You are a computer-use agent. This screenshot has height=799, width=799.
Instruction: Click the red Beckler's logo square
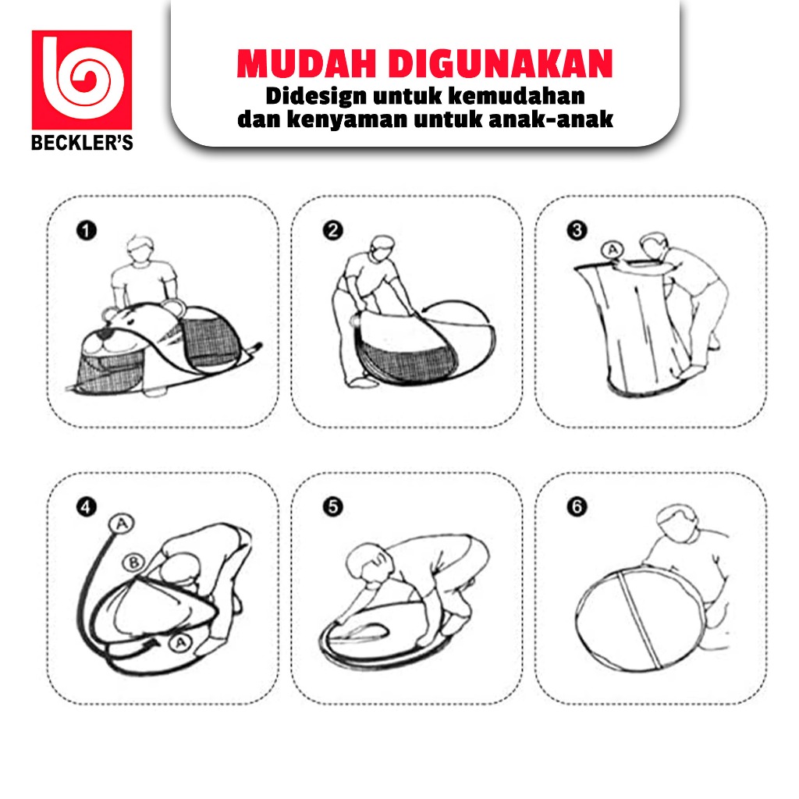pyautogui.click(x=81, y=80)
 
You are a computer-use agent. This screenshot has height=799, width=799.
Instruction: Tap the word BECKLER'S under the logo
pyautogui.click(x=82, y=142)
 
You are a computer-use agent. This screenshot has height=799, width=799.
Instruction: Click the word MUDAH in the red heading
pyautogui.click(x=306, y=63)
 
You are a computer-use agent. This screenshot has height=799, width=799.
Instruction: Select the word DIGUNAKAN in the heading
pyautogui.click(x=500, y=63)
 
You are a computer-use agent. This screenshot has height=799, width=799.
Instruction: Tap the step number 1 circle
pyautogui.click(x=86, y=230)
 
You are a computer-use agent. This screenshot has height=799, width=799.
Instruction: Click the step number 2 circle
pyautogui.click(x=332, y=230)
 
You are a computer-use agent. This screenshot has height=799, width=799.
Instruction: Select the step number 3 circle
pyautogui.click(x=577, y=230)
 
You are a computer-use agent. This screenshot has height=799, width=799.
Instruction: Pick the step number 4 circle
pyautogui.click(x=86, y=507)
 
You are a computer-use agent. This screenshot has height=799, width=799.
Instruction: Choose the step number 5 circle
pyautogui.click(x=332, y=507)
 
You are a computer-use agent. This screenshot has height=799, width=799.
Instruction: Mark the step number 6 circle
pyautogui.click(x=577, y=507)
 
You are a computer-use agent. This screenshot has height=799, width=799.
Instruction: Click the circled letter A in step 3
pyautogui.click(x=613, y=250)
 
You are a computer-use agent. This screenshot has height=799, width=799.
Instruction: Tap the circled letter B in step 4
pyautogui.click(x=134, y=563)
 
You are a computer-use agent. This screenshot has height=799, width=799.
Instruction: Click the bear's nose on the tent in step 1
pyautogui.click(x=105, y=334)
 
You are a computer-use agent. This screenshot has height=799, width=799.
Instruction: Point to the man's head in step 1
pyautogui.click(x=141, y=250)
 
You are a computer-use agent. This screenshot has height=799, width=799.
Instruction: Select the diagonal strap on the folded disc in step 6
pyautogui.click(x=641, y=619)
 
